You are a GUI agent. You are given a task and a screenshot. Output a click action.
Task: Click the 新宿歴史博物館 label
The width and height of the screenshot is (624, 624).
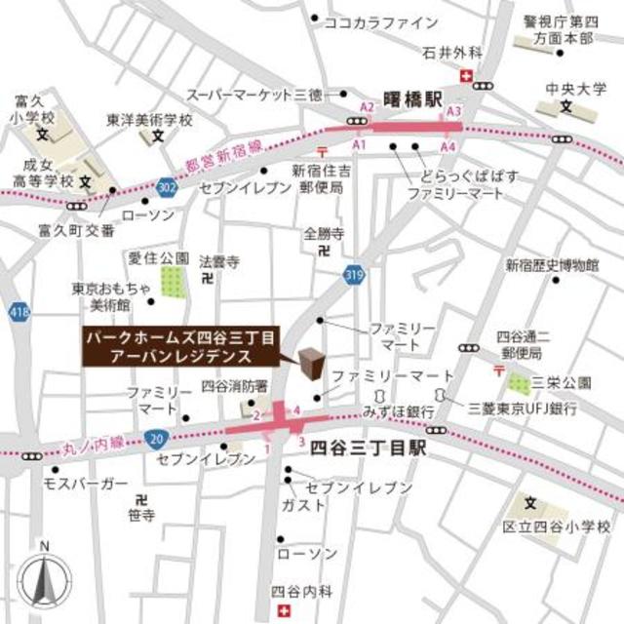pyautogui.click(x=551, y=264)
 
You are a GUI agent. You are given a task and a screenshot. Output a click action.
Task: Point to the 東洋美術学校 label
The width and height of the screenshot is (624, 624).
pyautogui.click(x=150, y=120)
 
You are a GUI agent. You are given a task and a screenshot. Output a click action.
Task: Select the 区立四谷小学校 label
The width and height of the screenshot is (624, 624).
pyautogui.click(x=564, y=527)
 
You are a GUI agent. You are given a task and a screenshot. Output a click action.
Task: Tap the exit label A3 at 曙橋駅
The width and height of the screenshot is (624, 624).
pyautogui.click(x=452, y=113)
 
